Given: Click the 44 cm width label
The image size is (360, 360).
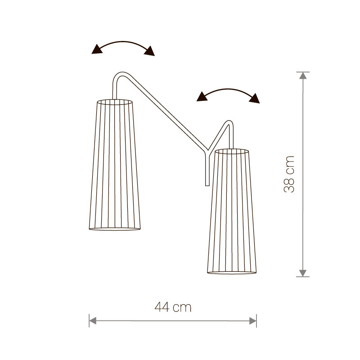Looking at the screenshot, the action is click(173, 307).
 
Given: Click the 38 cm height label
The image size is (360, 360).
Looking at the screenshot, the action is click(289, 174).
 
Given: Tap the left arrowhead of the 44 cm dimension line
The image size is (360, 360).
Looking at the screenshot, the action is click(93, 321).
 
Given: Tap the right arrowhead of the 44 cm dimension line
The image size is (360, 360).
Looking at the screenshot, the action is click(253, 321).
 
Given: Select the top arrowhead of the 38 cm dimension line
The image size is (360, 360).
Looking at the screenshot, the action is click(303, 76).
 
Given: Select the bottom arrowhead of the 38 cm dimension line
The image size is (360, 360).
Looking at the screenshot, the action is click(303, 273).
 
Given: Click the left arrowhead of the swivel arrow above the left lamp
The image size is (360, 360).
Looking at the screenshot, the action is click(97, 49).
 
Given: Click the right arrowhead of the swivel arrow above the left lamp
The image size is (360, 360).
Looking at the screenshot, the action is click(150, 51).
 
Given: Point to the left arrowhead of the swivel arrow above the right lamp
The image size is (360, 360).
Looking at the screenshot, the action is click(202, 97).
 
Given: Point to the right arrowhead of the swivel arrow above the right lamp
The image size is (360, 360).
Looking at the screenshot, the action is click(255, 99).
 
